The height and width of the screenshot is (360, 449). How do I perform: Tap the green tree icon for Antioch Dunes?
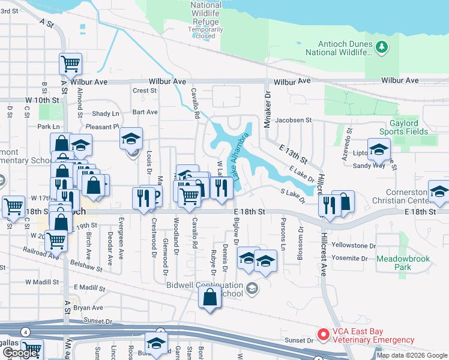point(381,47)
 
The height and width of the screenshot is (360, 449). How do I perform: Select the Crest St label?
point(145,91)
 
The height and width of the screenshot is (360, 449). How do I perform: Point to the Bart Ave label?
point(145,112)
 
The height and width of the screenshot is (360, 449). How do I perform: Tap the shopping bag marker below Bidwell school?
point(209,298)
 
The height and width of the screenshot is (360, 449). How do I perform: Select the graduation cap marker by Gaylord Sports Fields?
point(379,150)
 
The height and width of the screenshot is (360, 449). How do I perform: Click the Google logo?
point(20,353)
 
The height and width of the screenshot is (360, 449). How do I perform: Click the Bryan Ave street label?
point(89,308)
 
